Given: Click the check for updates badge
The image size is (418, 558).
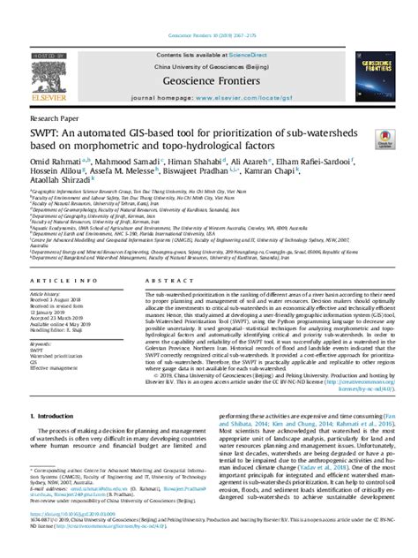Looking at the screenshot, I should pos(385,139).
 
